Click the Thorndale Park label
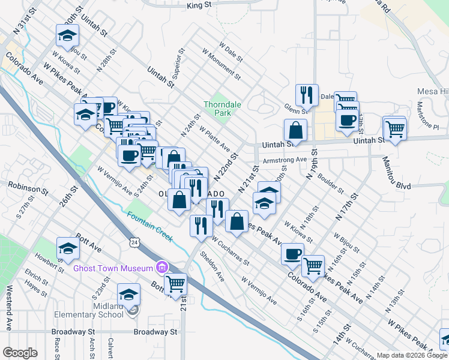coord(222,108)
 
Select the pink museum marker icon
coord(161,267)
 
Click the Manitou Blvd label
coord(407,186)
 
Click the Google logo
coord(20,353)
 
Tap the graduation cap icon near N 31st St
coord(67,35)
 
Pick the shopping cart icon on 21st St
coord(175,284)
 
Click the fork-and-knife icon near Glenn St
coord(306,94)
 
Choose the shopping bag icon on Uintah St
coord(296,130)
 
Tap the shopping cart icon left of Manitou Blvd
coord(395,128)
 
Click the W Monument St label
coord(222,67)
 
